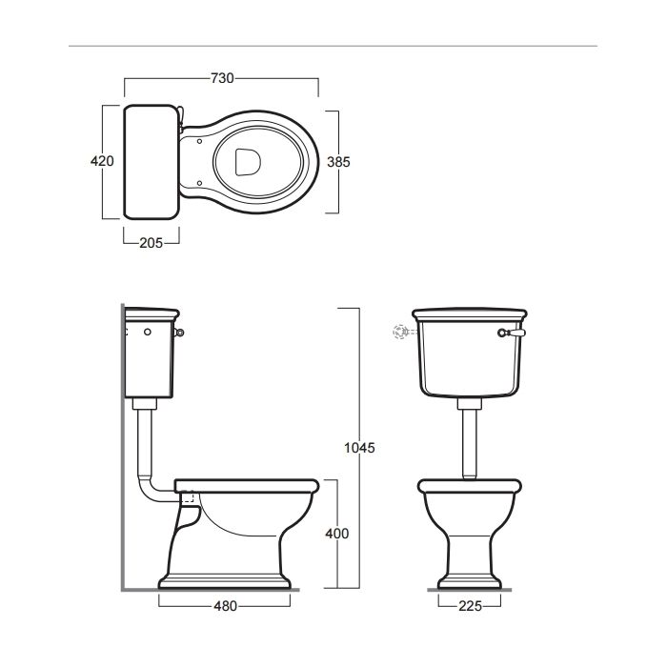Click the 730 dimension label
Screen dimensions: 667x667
click(x=222, y=78)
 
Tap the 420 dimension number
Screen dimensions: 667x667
click(x=102, y=161)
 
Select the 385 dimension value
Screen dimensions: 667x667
click(x=338, y=162)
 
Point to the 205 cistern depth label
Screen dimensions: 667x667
click(x=151, y=243)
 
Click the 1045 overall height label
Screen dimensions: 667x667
click(x=359, y=448)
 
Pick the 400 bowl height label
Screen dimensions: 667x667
click(x=337, y=534)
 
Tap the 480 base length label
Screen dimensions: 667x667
click(x=225, y=606)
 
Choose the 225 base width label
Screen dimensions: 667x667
click(x=470, y=606)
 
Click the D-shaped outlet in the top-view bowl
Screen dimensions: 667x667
click(x=248, y=162)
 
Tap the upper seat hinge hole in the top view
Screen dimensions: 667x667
click(x=199, y=141)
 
